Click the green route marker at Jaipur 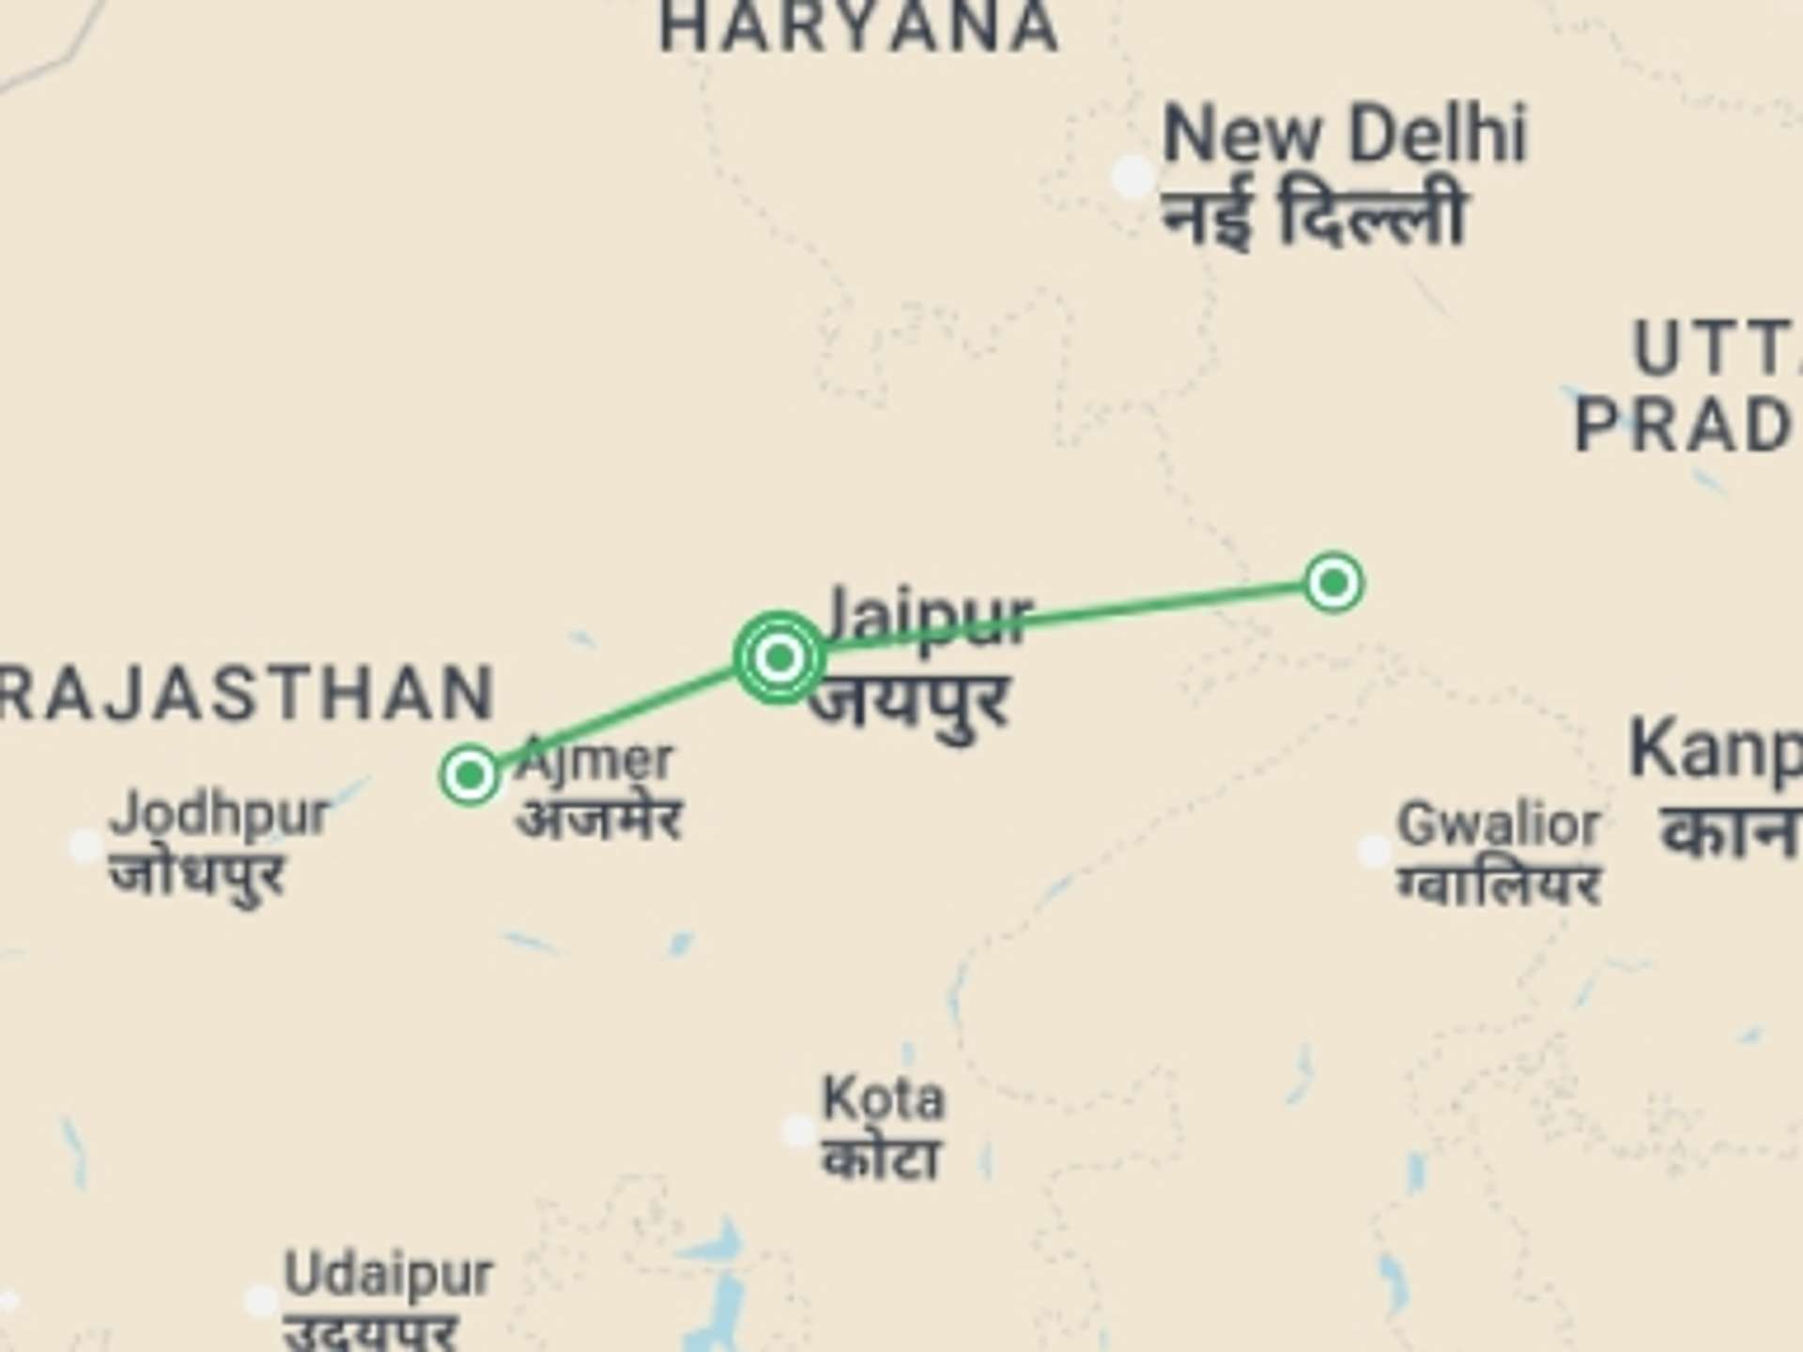(778, 657)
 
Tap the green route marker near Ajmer (470, 775)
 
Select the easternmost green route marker (1333, 583)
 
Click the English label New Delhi (1345, 135)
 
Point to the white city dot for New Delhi (1133, 177)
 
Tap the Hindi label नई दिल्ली (1313, 216)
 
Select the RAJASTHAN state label (246, 693)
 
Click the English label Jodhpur (220, 813)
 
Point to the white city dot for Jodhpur (85, 846)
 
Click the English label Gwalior (1499, 825)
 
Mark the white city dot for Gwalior (1374, 852)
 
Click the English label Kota (883, 1098)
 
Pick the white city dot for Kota (798, 1130)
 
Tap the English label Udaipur (388, 1274)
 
